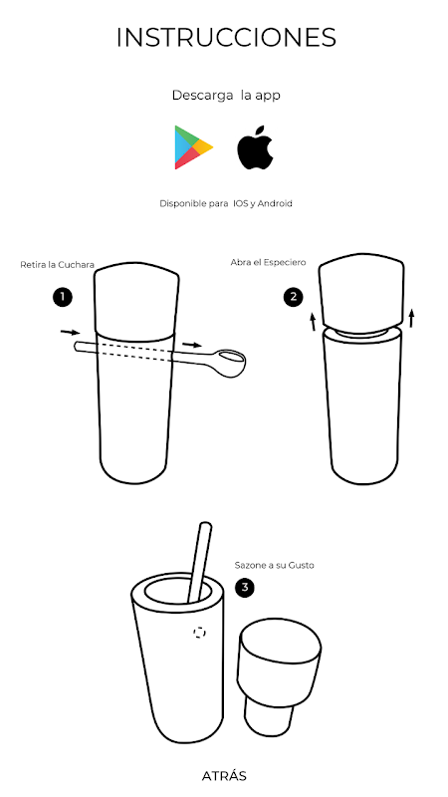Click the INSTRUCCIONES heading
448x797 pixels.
(x=226, y=38)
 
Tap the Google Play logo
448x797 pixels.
(x=193, y=147)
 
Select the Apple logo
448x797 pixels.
(x=255, y=146)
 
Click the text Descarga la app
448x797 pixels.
(x=226, y=96)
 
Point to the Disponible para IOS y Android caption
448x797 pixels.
(x=226, y=204)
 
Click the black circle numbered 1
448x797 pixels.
(x=63, y=297)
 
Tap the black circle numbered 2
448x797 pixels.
(x=293, y=297)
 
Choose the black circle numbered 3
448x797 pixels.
(x=245, y=588)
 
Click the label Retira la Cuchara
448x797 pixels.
(x=58, y=265)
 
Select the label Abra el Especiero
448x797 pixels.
(x=268, y=263)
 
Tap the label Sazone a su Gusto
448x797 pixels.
(x=275, y=565)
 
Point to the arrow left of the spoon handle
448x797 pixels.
(x=70, y=333)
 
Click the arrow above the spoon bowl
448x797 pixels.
(x=192, y=345)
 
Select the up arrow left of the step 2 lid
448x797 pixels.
(x=313, y=322)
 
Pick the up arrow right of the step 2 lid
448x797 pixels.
(x=411, y=318)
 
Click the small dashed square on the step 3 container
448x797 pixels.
(x=200, y=633)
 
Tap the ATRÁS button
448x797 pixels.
(x=224, y=776)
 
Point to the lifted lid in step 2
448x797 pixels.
(x=361, y=291)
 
